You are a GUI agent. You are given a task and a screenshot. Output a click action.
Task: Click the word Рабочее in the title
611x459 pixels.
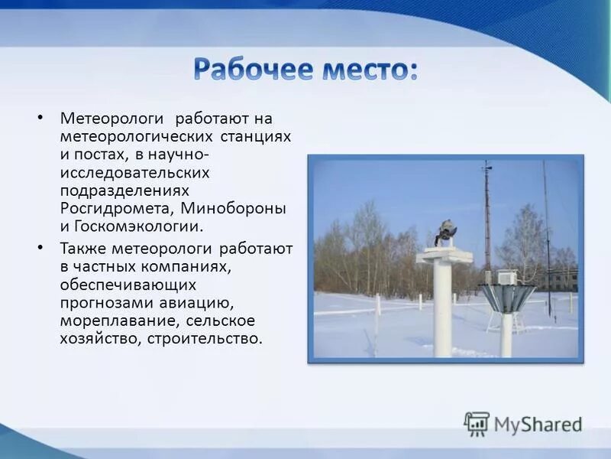click(250, 70)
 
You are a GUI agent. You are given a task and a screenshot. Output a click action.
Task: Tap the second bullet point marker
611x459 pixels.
click(40, 248)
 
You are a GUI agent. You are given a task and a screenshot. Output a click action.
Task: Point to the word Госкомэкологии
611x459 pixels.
click(139, 226)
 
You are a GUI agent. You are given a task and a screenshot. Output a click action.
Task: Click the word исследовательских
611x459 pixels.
click(134, 172)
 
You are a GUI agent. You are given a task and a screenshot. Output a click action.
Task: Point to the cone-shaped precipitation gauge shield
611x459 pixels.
click(506, 297)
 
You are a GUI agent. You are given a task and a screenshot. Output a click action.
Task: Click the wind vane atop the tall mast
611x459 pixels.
click(487, 167)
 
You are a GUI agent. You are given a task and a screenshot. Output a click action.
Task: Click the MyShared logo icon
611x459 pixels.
click(477, 423)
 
